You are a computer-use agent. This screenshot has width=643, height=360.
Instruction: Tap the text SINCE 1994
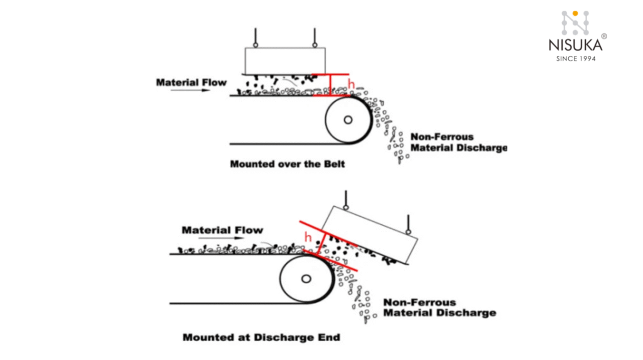pyautogui.click(x=576, y=58)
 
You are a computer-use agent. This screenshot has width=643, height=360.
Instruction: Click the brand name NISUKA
pyautogui.click(x=575, y=45)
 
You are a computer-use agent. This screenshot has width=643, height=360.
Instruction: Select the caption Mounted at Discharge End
pyautogui.click(x=261, y=337)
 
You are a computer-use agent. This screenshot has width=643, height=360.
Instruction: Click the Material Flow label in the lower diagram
pyautogui.click(x=222, y=230)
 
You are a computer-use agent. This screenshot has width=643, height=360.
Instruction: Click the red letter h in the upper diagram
pyautogui.click(x=351, y=84)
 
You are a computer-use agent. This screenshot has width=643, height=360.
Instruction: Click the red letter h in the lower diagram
pyautogui.click(x=308, y=237)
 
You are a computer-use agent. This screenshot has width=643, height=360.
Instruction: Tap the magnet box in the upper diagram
pyautogui.click(x=286, y=60)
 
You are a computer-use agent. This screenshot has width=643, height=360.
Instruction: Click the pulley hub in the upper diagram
pyautogui.click(x=347, y=120)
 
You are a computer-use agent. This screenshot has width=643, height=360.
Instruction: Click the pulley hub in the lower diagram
pyautogui.click(x=305, y=278)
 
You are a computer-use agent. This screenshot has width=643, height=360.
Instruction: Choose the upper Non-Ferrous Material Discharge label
pyautogui.click(x=458, y=142)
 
